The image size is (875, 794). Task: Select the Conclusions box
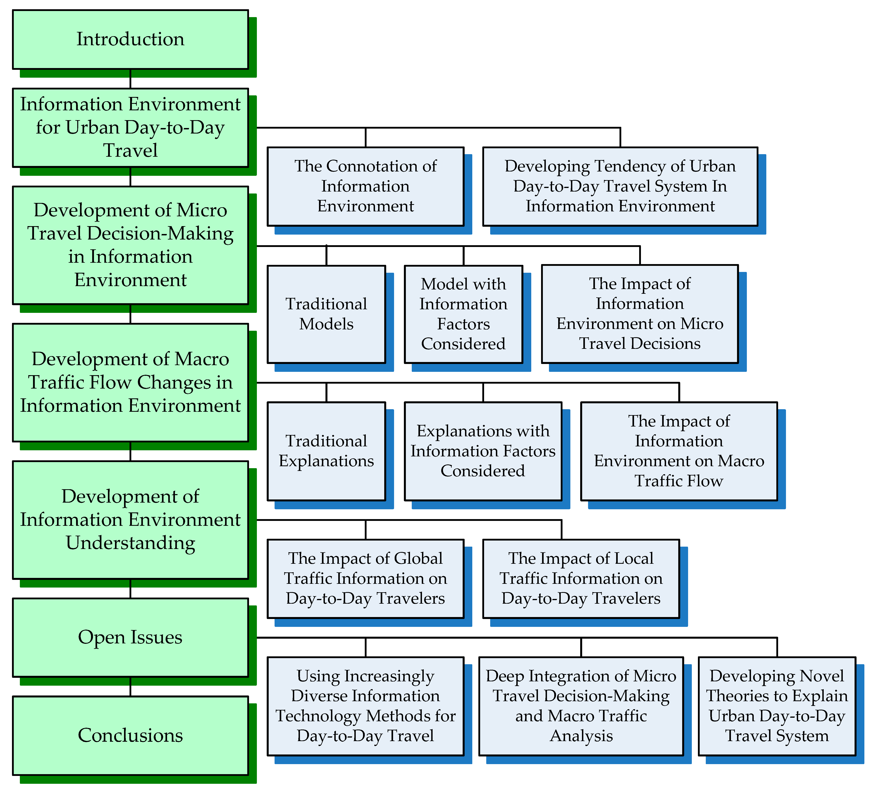(x=130, y=735)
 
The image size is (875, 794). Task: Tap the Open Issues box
(x=130, y=637)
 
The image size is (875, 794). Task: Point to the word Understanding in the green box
(x=130, y=543)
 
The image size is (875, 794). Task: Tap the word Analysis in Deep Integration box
(x=581, y=736)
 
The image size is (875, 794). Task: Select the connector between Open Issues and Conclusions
(x=130, y=687)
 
